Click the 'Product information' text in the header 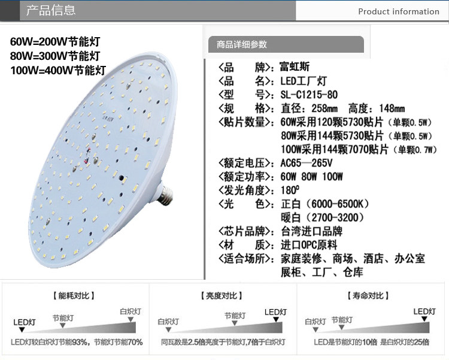[x=398, y=11]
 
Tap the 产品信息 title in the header [x=51, y=11]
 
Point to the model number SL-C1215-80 [x=309, y=95]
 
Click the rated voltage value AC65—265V [x=306, y=163]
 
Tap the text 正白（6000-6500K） [x=324, y=204]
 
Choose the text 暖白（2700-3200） [x=321, y=217]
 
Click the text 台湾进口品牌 [x=311, y=231]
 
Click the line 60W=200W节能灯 [x=55, y=43]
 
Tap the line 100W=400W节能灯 [x=58, y=70]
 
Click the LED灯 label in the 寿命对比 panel [x=424, y=311]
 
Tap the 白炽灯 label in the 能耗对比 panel [x=131, y=311]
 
